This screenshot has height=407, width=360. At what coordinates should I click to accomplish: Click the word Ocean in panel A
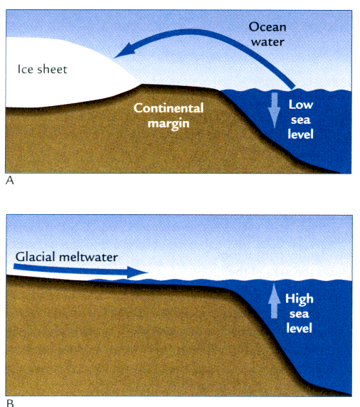[x=268, y=27]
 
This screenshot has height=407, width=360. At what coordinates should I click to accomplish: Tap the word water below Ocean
[x=268, y=42]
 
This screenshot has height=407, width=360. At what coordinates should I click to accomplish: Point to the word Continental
[x=169, y=108]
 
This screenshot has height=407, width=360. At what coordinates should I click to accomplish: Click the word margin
[x=169, y=124]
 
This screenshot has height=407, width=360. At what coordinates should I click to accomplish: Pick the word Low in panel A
[x=301, y=105]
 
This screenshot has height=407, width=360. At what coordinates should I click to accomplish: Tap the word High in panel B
[x=300, y=299]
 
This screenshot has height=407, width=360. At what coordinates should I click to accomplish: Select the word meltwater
[x=88, y=257]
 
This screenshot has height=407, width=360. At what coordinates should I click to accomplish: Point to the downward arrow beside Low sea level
[x=275, y=110]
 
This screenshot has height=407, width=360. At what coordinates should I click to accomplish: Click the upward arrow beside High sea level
[x=274, y=301]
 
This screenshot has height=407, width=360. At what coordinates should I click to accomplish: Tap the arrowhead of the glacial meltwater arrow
[x=137, y=272]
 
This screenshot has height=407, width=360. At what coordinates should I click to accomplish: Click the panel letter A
[x=9, y=180]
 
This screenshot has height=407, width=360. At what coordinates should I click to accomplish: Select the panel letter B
[x=10, y=403]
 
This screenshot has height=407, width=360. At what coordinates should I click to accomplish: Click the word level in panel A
[x=300, y=134]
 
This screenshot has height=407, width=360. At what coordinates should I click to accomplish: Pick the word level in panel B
[x=300, y=328]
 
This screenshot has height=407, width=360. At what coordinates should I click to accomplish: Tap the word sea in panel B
[x=300, y=314]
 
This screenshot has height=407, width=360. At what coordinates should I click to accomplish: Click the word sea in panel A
[x=301, y=120]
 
